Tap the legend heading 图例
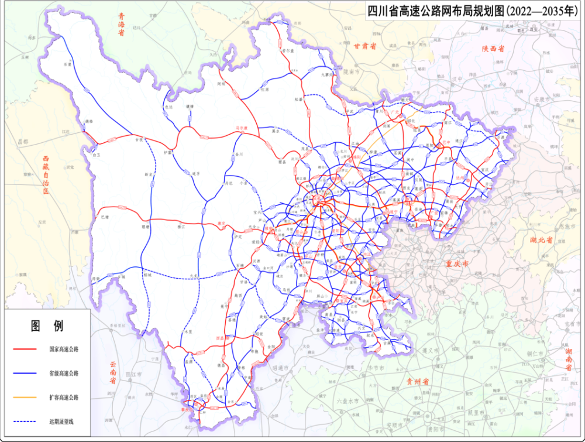tap(47, 326)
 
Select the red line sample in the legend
tap(26, 349)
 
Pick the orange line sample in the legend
tap(26, 397)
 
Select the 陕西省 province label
tap(493, 49)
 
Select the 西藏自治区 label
tap(46, 176)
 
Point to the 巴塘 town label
tap(105, 217)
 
